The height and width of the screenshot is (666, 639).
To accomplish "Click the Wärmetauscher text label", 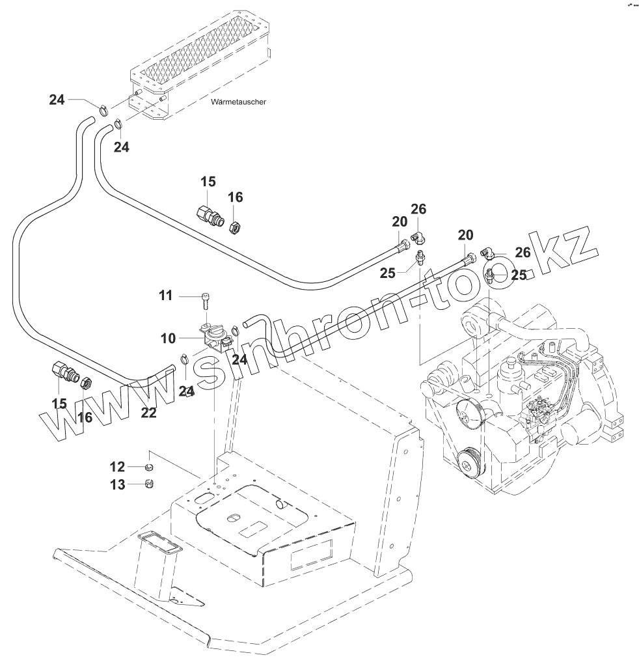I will (239, 102).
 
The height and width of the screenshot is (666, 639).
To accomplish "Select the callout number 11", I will (165, 296).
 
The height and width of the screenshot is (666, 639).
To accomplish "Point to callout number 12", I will (117, 466).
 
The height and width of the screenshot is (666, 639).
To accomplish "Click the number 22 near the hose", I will (149, 412).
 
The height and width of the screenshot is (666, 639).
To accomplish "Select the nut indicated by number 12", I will (149, 467).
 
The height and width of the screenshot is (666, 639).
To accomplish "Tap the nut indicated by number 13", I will (149, 484).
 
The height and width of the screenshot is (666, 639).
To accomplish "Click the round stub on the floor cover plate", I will (281, 505).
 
